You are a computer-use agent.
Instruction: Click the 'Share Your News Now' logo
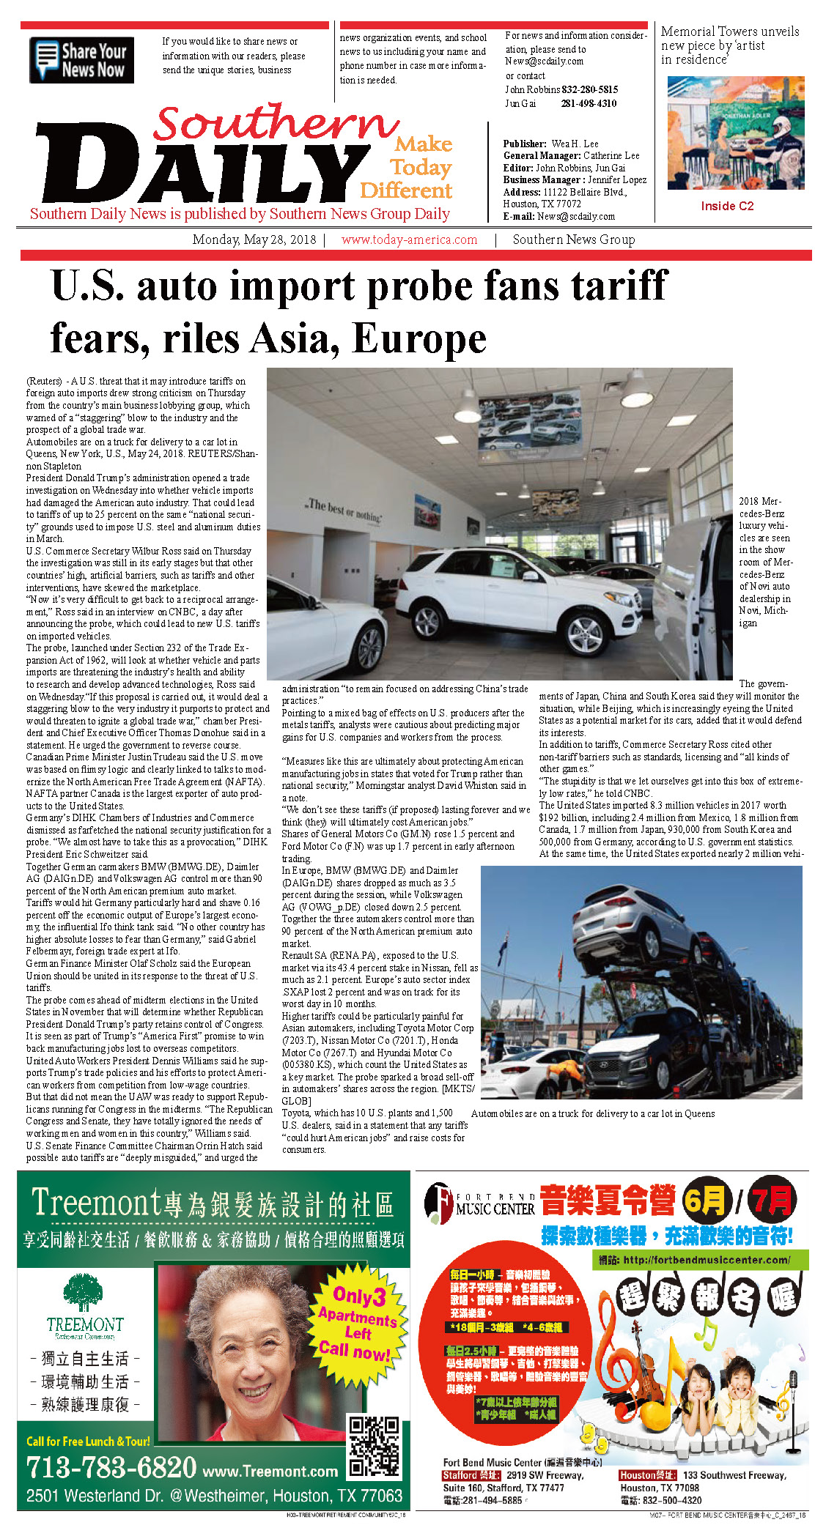tap(81, 60)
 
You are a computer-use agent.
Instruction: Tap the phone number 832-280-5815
tap(589, 89)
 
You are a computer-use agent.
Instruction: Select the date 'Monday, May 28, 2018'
tap(254, 240)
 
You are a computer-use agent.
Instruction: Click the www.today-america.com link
tap(409, 240)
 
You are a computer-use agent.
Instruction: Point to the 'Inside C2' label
tap(726, 206)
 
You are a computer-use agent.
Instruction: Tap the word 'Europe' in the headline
tap(419, 338)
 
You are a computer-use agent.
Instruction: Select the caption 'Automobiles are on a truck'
tap(592, 1113)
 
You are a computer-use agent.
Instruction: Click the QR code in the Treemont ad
tap(374, 1447)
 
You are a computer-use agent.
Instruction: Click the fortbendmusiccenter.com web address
tap(706, 1260)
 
